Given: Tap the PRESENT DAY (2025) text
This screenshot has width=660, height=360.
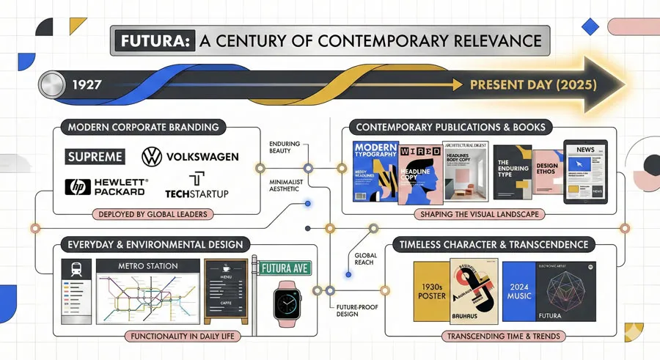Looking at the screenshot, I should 532,84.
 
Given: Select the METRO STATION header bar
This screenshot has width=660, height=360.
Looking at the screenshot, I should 147,265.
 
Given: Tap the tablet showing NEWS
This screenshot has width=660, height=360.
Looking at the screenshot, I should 584,172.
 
